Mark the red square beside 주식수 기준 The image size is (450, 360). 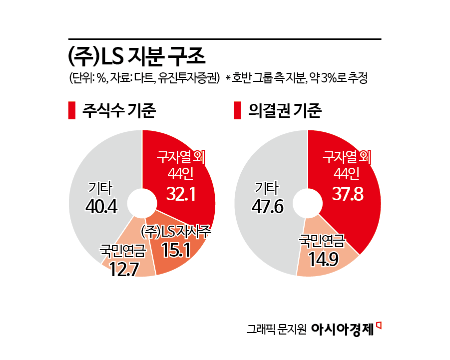(x=71, y=111)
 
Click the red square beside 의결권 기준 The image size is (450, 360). (x=237, y=111)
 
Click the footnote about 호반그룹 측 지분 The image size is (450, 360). (x=297, y=78)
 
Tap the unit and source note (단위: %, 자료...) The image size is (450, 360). (x=144, y=78)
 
